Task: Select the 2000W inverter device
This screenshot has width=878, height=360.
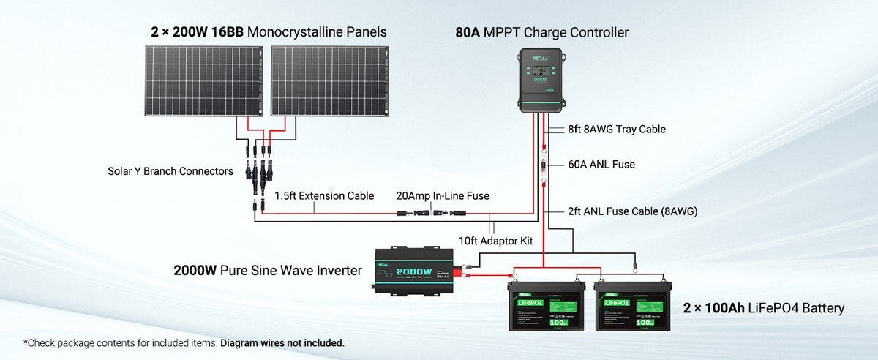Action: pyautogui.click(x=415, y=269)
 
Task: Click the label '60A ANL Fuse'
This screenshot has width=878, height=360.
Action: pyautogui.click(x=601, y=165)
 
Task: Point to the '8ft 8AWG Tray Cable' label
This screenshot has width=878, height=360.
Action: pyautogui.click(x=616, y=130)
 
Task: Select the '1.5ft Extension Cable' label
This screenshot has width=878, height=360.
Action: pyautogui.click(x=324, y=196)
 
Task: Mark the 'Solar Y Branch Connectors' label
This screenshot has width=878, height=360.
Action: pyautogui.click(x=170, y=171)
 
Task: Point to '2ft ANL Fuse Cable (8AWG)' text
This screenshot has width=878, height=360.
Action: pyautogui.click(x=633, y=211)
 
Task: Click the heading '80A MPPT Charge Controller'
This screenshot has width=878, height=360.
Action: pyautogui.click(x=541, y=33)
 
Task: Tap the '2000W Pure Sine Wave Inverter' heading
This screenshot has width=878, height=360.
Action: pyautogui.click(x=268, y=271)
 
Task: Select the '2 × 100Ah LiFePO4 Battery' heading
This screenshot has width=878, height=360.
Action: pyautogui.click(x=763, y=308)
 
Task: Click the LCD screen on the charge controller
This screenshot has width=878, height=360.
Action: pyautogui.click(x=541, y=71)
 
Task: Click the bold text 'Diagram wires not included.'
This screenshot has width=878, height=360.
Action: pyautogui.click(x=282, y=342)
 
